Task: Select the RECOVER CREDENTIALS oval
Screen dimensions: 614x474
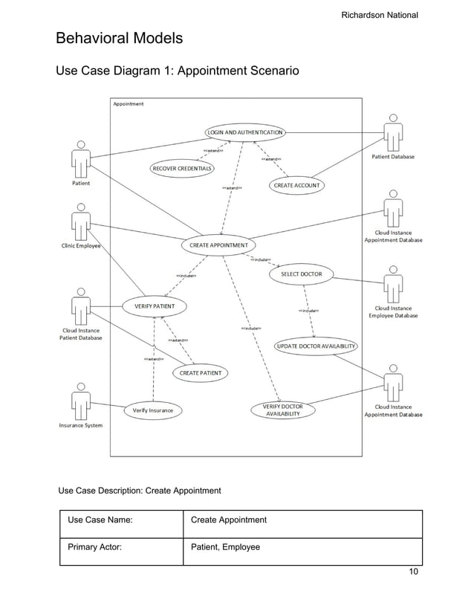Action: (x=182, y=169)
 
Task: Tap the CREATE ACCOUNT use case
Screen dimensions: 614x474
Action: (x=296, y=185)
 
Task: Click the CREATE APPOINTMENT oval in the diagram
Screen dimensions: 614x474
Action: (x=219, y=245)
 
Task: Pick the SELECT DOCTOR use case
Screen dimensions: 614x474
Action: (x=301, y=274)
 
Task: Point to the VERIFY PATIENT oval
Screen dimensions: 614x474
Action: (x=155, y=306)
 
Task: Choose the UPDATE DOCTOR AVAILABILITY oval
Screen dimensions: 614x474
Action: (x=316, y=346)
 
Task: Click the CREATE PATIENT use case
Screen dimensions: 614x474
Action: (x=200, y=372)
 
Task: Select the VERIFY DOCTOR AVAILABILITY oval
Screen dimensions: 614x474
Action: (x=283, y=410)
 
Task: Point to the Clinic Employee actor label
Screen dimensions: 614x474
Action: (x=79, y=246)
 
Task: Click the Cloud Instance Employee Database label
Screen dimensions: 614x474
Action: (x=393, y=311)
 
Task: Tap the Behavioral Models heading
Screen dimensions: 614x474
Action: (x=120, y=38)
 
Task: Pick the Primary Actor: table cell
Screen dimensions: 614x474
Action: (x=121, y=547)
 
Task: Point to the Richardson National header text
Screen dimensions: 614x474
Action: (x=380, y=15)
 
